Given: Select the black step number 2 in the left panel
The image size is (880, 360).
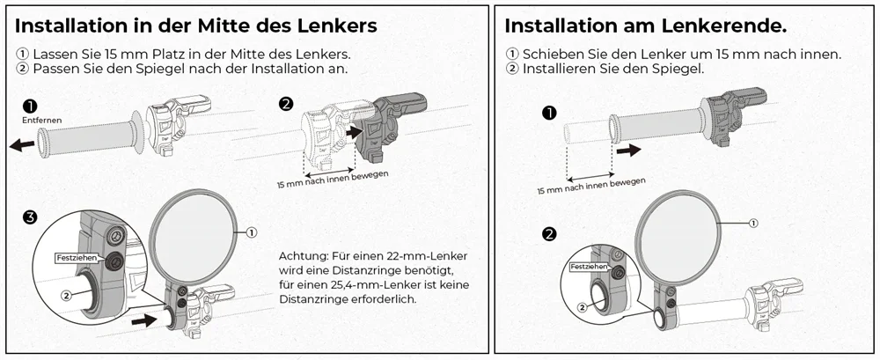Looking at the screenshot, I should [286, 104].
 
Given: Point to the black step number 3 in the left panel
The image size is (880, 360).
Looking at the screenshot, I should [31, 217].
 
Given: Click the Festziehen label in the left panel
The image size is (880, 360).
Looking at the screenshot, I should [77, 258].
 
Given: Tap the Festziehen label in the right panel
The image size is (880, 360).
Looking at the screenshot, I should [588, 266].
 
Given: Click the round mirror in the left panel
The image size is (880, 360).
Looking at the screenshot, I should [195, 231].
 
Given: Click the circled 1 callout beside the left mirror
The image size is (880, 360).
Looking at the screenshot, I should [251, 232].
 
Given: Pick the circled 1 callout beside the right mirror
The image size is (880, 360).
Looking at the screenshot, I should [753, 223].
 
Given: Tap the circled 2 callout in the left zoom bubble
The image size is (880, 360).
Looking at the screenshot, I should [65, 297].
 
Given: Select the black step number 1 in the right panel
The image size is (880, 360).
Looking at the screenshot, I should [550, 113].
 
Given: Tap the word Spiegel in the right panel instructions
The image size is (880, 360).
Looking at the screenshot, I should [674, 69].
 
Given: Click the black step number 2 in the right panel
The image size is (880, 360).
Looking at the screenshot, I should [550, 234].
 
